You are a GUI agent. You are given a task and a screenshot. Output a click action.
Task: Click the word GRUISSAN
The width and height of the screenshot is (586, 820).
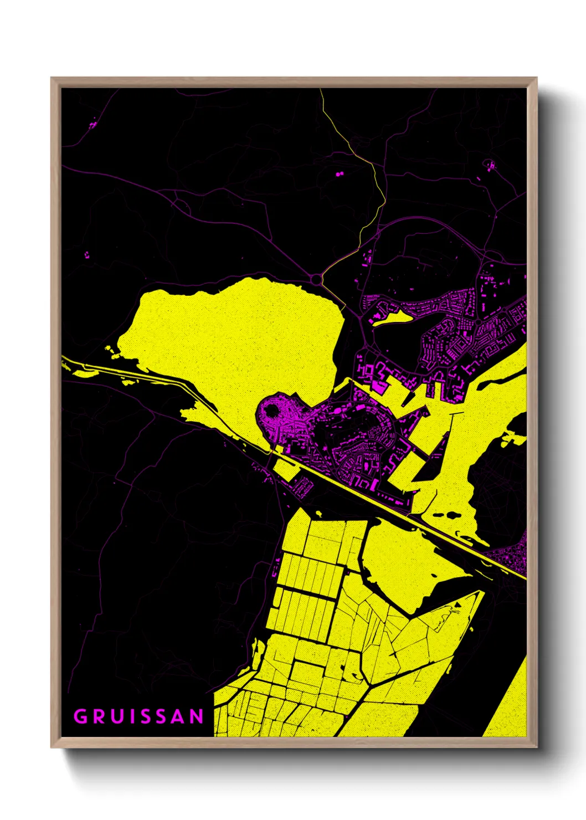point(139,716)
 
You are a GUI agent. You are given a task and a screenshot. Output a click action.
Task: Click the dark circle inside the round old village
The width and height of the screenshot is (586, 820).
point(271,411)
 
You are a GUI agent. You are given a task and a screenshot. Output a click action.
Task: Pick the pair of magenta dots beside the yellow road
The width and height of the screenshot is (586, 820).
point(339,175)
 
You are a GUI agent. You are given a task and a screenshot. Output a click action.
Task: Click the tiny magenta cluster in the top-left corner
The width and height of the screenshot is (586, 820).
point(92,125)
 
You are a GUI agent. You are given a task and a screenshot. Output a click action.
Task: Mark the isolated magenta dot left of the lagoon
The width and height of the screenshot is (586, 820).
point(86,255)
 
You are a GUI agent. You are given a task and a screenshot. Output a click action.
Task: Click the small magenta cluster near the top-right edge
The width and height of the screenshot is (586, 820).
point(490,165)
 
